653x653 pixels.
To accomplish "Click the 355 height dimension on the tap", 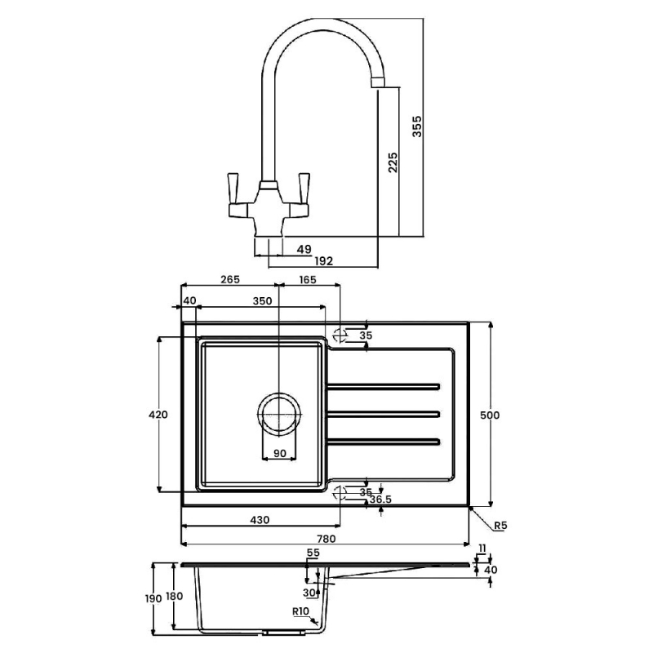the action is [x=417, y=127].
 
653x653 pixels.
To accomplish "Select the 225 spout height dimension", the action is [x=393, y=162].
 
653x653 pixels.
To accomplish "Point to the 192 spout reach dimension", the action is [x=323, y=261].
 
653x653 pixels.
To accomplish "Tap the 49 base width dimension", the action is [x=304, y=249].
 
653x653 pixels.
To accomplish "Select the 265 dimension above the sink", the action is [x=230, y=279].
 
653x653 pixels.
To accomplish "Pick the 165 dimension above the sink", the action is [x=308, y=279].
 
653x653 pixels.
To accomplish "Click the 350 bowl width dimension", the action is [x=262, y=300].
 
